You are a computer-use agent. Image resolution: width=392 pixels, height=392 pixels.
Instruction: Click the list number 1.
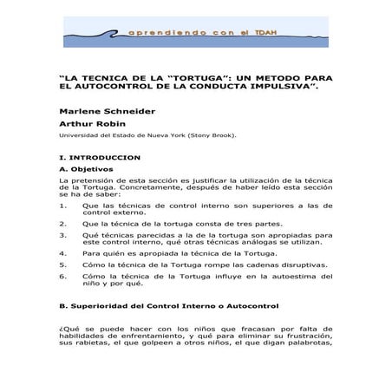click(62, 205)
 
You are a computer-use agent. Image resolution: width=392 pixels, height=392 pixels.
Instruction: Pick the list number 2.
click(62, 223)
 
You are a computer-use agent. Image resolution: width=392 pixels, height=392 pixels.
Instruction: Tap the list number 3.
click(62, 234)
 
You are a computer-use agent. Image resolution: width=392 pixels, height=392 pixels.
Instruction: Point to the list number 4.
click(62, 252)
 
